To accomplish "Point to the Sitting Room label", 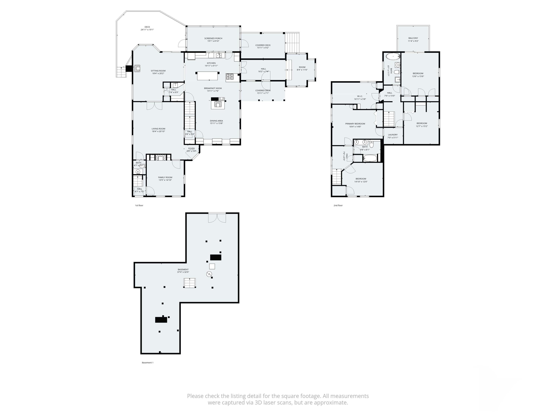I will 158,71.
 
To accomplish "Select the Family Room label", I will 165,177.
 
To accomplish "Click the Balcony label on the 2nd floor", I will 413,38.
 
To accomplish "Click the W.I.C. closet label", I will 360,96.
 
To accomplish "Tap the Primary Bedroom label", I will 355,124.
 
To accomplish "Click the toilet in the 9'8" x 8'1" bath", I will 372,144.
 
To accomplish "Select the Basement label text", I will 183,269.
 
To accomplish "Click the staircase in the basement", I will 190,283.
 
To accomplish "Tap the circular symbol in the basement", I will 209,274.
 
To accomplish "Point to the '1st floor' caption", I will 139,205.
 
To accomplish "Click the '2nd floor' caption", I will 338,205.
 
